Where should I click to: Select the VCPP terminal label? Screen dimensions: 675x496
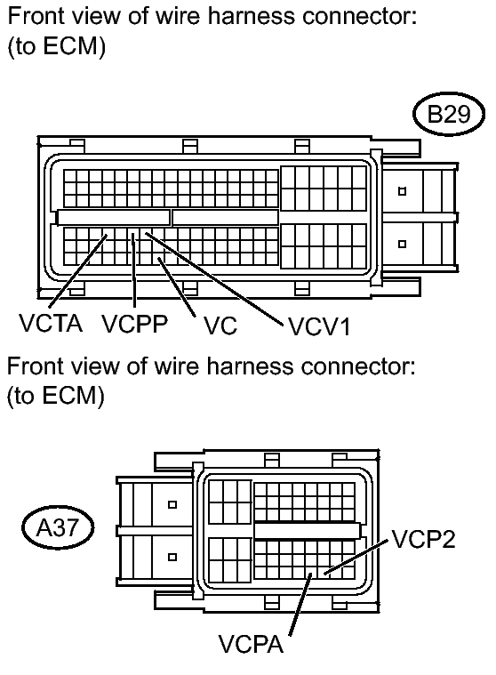pos(134,325)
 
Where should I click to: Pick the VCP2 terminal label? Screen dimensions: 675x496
pos(423,540)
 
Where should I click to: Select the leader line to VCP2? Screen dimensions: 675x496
pos(360,557)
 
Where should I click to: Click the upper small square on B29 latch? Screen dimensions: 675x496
pos(402,191)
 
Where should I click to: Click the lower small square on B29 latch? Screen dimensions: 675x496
pos(402,243)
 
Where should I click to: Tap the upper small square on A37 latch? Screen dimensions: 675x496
pos(172,504)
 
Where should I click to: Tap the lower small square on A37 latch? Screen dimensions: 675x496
pos(172,557)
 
